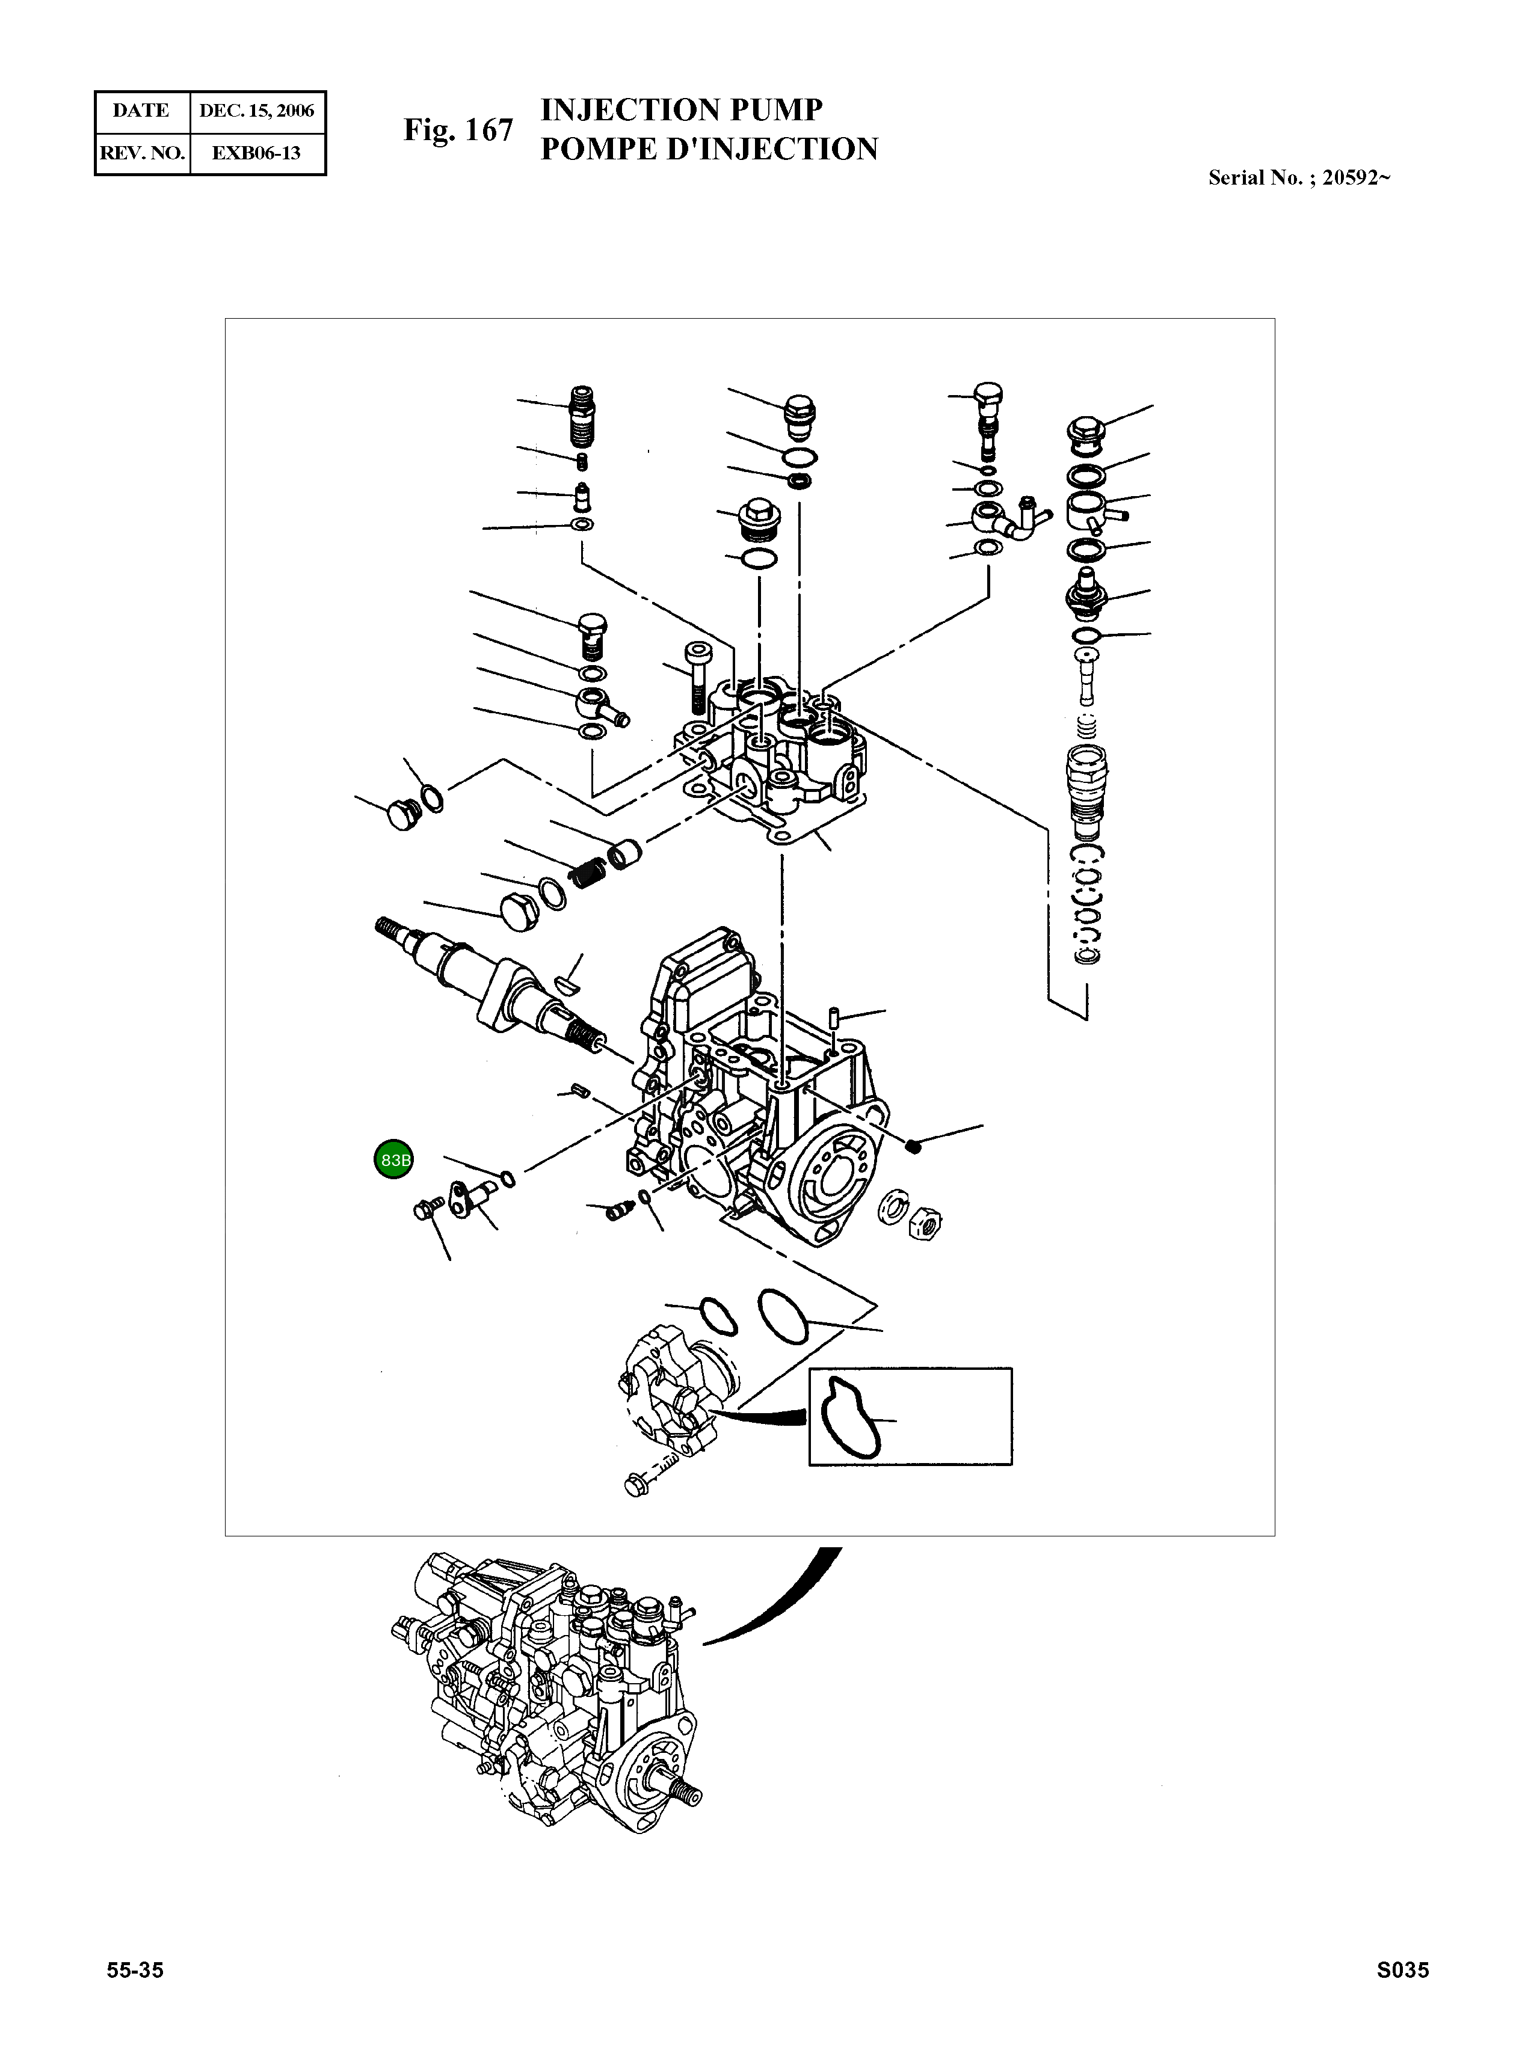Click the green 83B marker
[x=393, y=1160]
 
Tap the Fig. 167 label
[x=458, y=130]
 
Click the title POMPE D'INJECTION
[x=708, y=150]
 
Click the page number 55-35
[x=135, y=1995]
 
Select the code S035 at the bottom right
[x=1402, y=1995]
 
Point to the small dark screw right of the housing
[x=913, y=1145]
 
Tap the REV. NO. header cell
[x=141, y=153]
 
